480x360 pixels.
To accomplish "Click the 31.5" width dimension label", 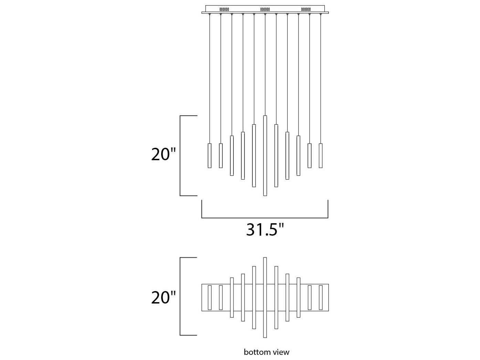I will click(265, 229).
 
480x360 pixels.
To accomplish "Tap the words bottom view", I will click(267, 352).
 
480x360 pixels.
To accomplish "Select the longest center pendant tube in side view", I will click(265, 156).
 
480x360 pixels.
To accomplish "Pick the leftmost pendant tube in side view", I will click(209, 156).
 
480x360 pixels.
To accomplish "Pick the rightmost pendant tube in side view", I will click(321, 156).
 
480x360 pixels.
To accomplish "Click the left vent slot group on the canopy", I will click(224, 9).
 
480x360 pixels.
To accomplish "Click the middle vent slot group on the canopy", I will click(265, 9).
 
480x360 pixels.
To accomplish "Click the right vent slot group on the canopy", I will click(306, 9).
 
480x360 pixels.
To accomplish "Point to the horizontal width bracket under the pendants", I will click(265, 218).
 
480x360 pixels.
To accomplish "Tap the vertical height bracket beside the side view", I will click(180, 156).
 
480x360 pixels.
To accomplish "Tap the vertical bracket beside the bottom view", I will click(180, 296).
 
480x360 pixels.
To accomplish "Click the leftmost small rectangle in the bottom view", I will click(209, 297).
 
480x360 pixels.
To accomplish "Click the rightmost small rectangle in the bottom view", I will click(321, 297).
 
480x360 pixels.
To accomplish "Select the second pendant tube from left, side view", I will click(221, 156).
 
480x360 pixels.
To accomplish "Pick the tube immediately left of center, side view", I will click(254, 156).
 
